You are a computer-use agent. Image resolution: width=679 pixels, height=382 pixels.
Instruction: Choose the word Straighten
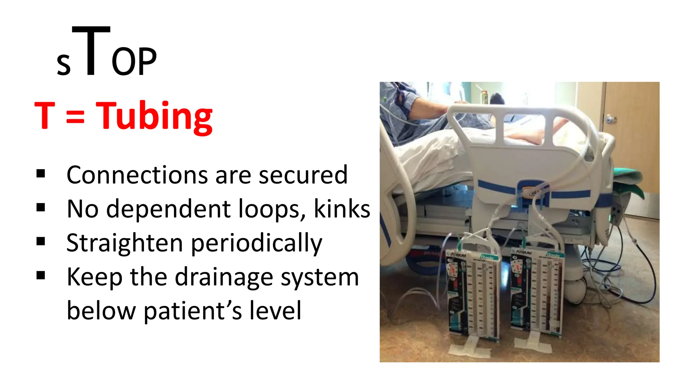point(124,243)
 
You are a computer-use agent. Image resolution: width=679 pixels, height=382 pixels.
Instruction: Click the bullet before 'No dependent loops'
point(41,208)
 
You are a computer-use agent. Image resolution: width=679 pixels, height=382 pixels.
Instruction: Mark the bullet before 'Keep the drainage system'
point(41,276)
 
